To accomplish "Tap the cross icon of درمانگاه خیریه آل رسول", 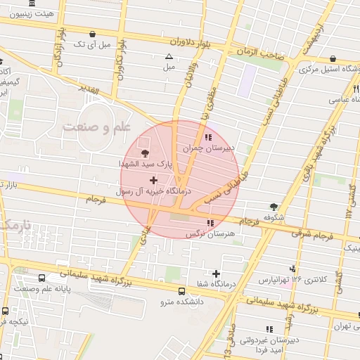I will [x=154, y=181].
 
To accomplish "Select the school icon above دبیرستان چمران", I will [x=207, y=137].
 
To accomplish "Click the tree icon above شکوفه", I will [x=274, y=207].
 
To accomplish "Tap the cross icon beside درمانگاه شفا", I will [x=216, y=274].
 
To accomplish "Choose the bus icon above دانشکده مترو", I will [x=182, y=291].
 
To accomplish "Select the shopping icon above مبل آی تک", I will [x=93, y=34].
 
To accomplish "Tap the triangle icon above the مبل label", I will [x=169, y=57].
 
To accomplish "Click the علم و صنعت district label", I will [x=96, y=127].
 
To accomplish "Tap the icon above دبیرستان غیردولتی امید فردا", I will [x=269, y=328].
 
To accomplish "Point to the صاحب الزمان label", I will [x=260, y=52].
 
